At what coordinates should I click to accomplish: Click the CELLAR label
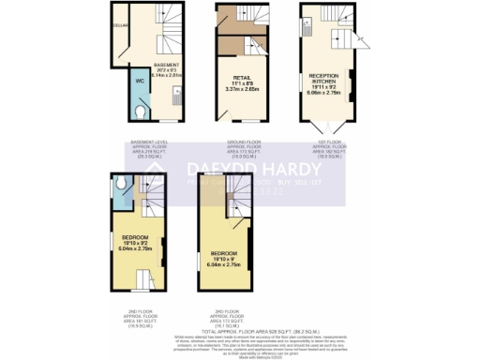120,25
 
